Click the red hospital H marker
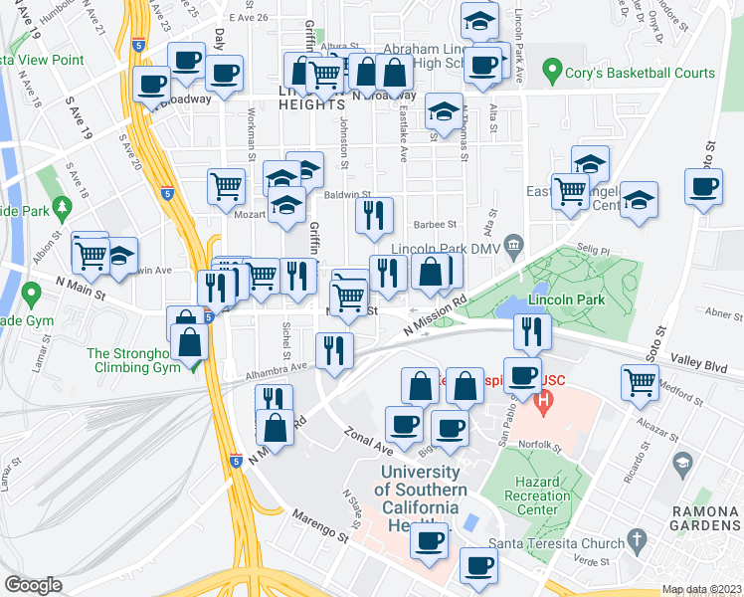(x=543, y=402)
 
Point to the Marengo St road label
(x=319, y=527)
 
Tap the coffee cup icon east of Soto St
(x=704, y=186)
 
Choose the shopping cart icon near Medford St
(x=641, y=381)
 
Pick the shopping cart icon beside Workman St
(x=227, y=184)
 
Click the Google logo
(x=34, y=585)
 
